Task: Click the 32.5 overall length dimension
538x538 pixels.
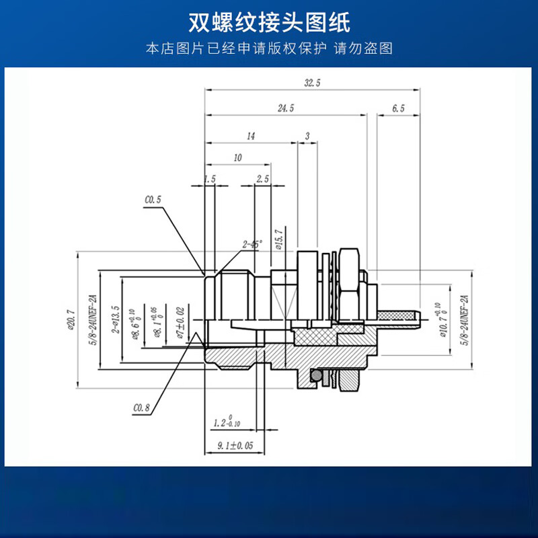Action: point(312,83)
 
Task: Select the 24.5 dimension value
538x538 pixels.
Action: point(286,108)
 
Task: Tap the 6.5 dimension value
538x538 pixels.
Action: point(398,108)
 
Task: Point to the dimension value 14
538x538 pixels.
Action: point(251,136)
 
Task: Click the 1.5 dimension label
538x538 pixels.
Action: point(209,179)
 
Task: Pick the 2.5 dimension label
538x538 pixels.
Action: point(262,179)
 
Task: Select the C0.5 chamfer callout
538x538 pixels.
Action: point(153,200)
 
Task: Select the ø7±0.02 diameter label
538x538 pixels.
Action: point(180,323)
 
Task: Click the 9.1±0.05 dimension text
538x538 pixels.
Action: point(235,445)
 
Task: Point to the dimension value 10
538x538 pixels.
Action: point(237,157)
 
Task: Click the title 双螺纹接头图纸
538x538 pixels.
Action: point(269,22)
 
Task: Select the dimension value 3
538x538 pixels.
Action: point(307,136)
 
